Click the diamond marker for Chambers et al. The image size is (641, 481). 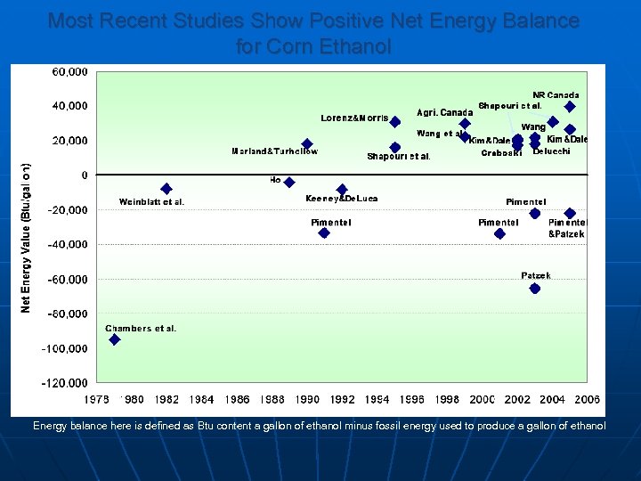pos(115,339)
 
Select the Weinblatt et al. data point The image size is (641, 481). pos(166,189)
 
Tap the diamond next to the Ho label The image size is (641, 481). pos(289,183)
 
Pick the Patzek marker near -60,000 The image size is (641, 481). pos(535,289)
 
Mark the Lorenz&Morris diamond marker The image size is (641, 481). pos(395,122)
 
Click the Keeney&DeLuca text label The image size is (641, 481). pos(341,199)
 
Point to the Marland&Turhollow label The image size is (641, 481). pos(274,151)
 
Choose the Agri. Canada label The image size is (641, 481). pos(445,113)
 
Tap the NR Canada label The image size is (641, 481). pos(556,95)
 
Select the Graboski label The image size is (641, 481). pos(501,153)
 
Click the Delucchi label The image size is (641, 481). pos(551,151)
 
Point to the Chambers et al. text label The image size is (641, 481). pos(141,329)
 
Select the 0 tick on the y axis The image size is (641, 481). pos(85,175)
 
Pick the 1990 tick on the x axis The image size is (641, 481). pos(307,400)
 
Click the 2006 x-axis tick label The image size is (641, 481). pos(587,400)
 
